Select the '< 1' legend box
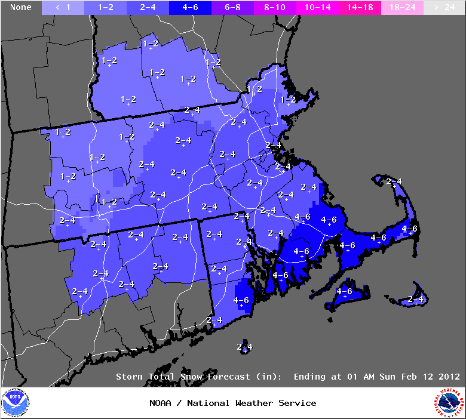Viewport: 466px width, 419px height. point(63,7)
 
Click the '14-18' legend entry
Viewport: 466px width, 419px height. point(358,7)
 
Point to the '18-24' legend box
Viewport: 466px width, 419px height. point(401,7)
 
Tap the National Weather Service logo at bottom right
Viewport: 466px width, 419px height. point(450,403)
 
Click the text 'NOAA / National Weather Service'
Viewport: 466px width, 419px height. point(233,403)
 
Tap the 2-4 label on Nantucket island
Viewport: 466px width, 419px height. point(416,298)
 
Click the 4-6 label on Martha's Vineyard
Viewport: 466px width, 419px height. point(345,291)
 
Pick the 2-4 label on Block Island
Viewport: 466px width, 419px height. point(244,347)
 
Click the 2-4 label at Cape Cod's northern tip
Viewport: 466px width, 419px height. point(394,181)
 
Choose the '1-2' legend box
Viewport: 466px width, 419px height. point(106,7)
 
